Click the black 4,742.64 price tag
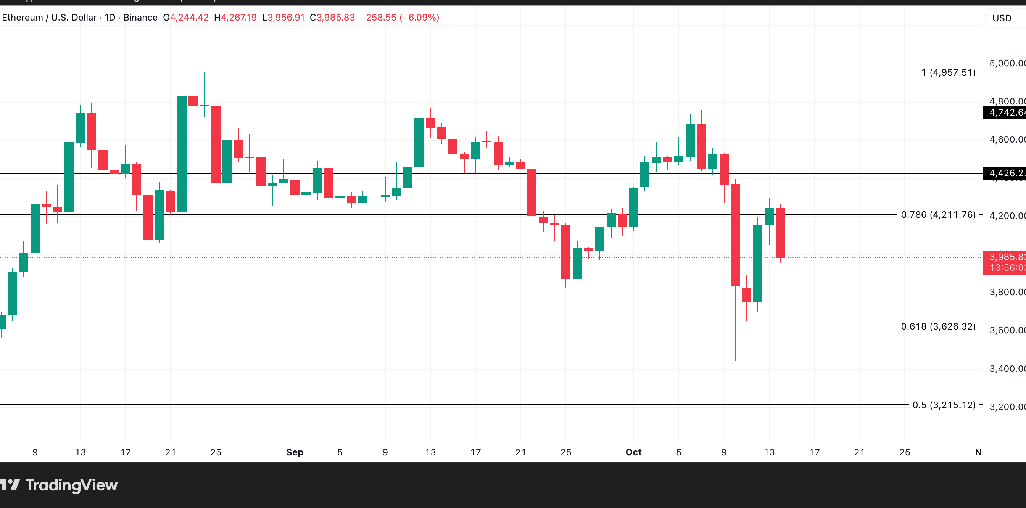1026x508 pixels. (1005, 113)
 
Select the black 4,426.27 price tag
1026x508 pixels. (1005, 173)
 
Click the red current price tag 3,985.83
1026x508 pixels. (1005, 262)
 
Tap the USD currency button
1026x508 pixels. (1001, 18)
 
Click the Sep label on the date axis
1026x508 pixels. (295, 452)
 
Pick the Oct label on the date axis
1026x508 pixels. (633, 452)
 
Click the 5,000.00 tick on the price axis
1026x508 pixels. (1007, 63)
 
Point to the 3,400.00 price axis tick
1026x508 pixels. (1007, 369)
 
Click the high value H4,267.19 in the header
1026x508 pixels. (235, 18)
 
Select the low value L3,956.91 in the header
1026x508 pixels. (283, 18)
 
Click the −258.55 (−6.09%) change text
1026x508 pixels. (399, 18)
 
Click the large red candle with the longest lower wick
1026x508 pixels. (735, 235)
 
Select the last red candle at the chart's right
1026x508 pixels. (780, 233)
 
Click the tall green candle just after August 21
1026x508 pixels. (182, 154)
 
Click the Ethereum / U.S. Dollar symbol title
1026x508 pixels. (49, 18)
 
